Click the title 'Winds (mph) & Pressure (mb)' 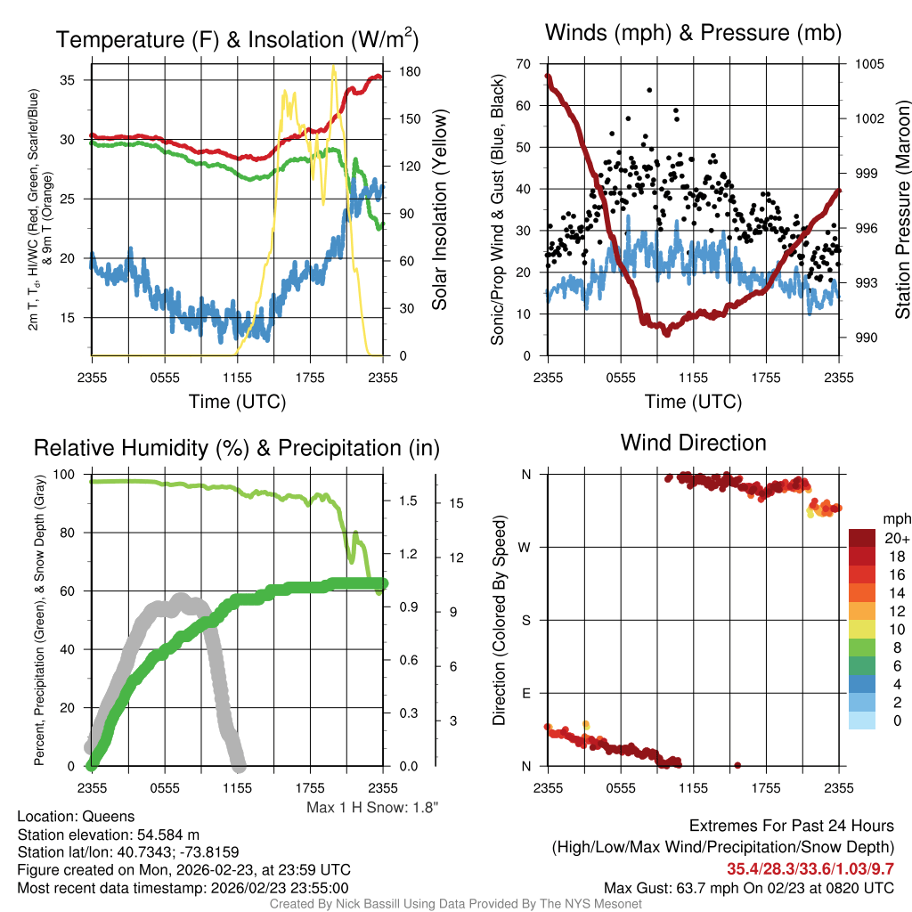693,33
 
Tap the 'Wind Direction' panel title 693,442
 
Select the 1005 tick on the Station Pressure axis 869,64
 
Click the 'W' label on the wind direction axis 525,547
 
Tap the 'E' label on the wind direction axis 525,693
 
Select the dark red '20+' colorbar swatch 863,538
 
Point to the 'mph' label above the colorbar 894,518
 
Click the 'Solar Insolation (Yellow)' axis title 439,210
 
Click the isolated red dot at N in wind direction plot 737,765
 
